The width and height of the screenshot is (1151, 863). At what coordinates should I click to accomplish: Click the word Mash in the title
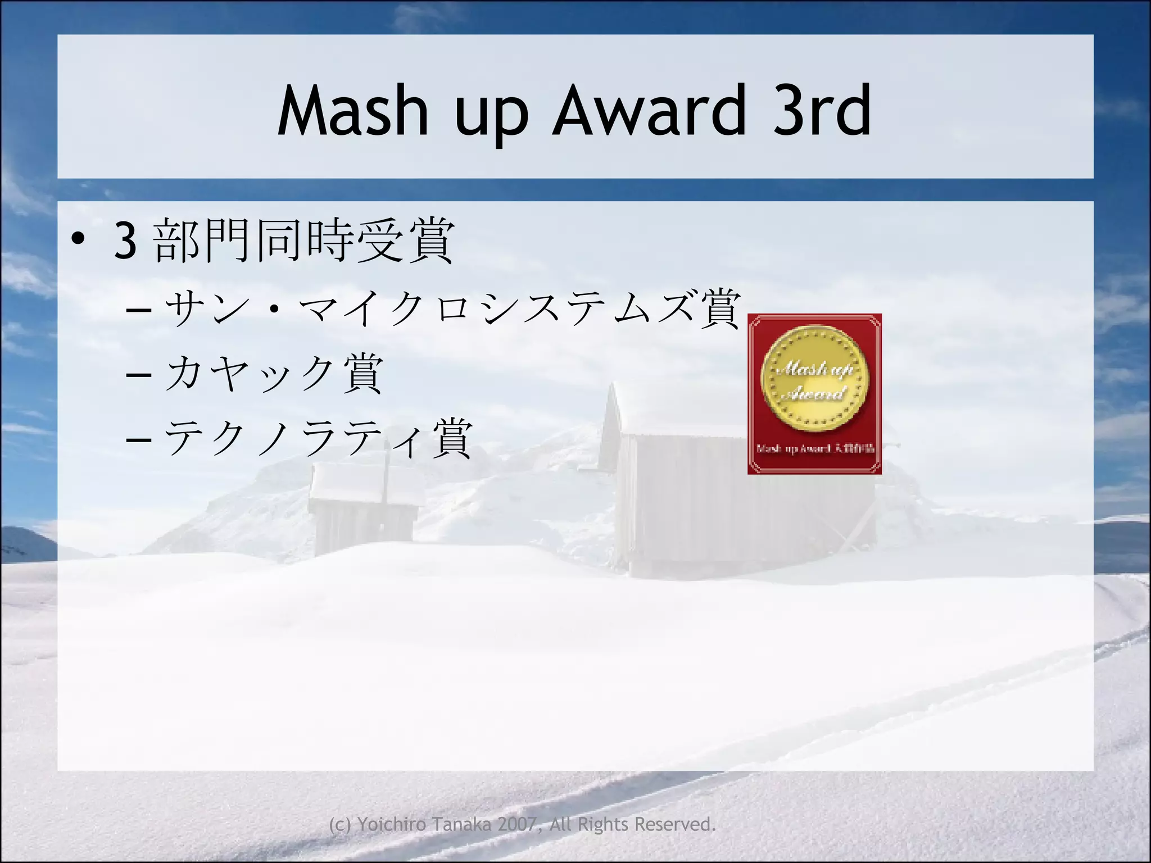[353, 111]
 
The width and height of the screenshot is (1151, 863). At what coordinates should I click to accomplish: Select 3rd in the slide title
[822, 111]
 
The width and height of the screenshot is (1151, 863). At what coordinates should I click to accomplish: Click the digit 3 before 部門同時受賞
[125, 241]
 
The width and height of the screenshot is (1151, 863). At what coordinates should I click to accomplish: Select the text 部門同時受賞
[303, 240]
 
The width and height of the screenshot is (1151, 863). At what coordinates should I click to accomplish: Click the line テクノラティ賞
[318, 438]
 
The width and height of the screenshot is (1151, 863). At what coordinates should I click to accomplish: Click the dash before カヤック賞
[139, 374]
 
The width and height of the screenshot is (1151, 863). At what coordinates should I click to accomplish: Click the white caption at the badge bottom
[815, 449]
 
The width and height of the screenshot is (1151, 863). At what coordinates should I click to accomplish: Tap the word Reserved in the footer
[674, 824]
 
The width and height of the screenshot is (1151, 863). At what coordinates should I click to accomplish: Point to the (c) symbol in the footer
[340, 825]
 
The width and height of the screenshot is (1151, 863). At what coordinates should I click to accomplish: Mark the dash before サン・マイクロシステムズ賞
[139, 310]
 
